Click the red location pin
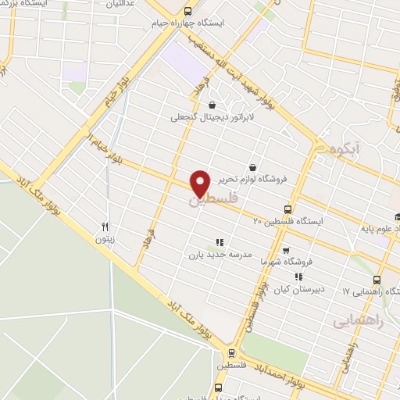tap(201, 183)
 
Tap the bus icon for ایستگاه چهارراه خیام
tap(187, 12)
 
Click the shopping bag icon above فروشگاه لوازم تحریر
tap(252, 167)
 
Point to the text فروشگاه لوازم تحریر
tap(252, 179)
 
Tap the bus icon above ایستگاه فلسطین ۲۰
tap(288, 209)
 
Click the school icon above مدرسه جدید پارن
tap(219, 242)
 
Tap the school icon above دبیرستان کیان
tap(299, 277)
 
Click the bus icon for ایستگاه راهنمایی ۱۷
tap(377, 280)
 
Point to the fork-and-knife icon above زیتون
tap(104, 227)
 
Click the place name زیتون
tap(104, 239)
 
